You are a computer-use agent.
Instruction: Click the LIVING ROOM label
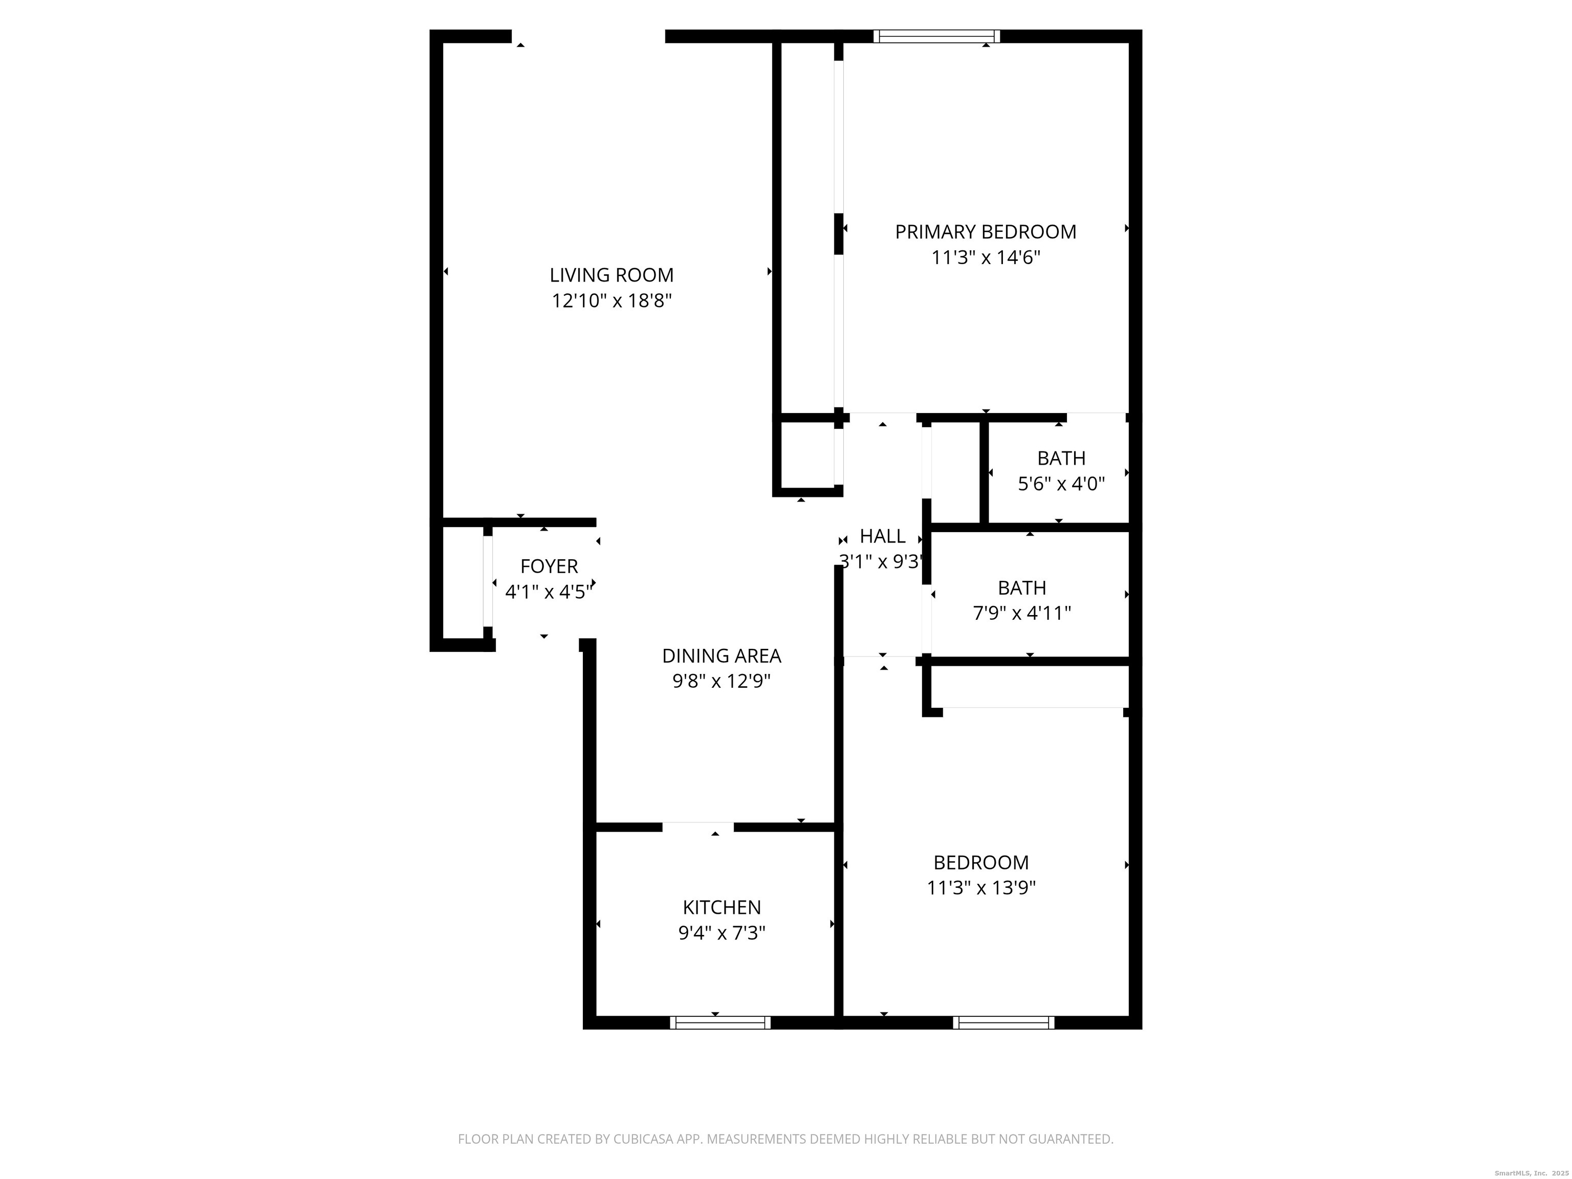tap(611, 275)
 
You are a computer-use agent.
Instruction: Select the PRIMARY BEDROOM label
tap(985, 232)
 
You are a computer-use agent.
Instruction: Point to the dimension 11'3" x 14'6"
tap(985, 257)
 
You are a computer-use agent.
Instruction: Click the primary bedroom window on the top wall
tap(936, 36)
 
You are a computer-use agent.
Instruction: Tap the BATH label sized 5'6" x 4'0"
tap(1061, 458)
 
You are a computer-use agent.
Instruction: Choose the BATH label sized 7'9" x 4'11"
tap(1021, 588)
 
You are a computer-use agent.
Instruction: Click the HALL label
tap(883, 536)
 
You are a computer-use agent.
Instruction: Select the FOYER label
tap(549, 566)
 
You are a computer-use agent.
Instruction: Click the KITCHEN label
tap(722, 907)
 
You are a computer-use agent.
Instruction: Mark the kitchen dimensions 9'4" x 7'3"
tap(722, 933)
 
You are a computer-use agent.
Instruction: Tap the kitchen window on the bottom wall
tap(720, 1022)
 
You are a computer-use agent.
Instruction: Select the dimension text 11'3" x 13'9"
tap(981, 888)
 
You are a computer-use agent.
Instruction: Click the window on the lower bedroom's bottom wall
tap(1003, 1022)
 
